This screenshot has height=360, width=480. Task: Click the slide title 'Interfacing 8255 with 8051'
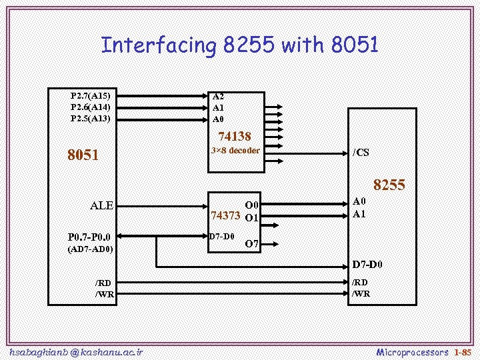[240, 45]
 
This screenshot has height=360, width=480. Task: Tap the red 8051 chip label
[83, 155]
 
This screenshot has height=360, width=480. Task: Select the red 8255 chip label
[389, 185]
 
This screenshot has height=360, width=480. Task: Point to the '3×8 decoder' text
[235, 151]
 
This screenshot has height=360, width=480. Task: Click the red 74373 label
[225, 216]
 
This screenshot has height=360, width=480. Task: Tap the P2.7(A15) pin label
[91, 95]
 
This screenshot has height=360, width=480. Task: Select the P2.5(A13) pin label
[91, 118]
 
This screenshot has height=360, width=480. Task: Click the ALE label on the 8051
[101, 205]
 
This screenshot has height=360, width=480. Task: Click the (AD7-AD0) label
[91, 249]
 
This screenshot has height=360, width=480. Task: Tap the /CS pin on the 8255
[361, 153]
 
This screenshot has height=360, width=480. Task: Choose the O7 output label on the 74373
[251, 244]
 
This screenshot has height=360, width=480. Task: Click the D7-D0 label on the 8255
[367, 265]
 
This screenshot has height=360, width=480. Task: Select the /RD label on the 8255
[361, 283]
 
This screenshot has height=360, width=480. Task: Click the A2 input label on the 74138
[218, 96]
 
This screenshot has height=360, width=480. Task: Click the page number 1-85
[463, 351]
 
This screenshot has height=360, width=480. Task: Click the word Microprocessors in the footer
[413, 351]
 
